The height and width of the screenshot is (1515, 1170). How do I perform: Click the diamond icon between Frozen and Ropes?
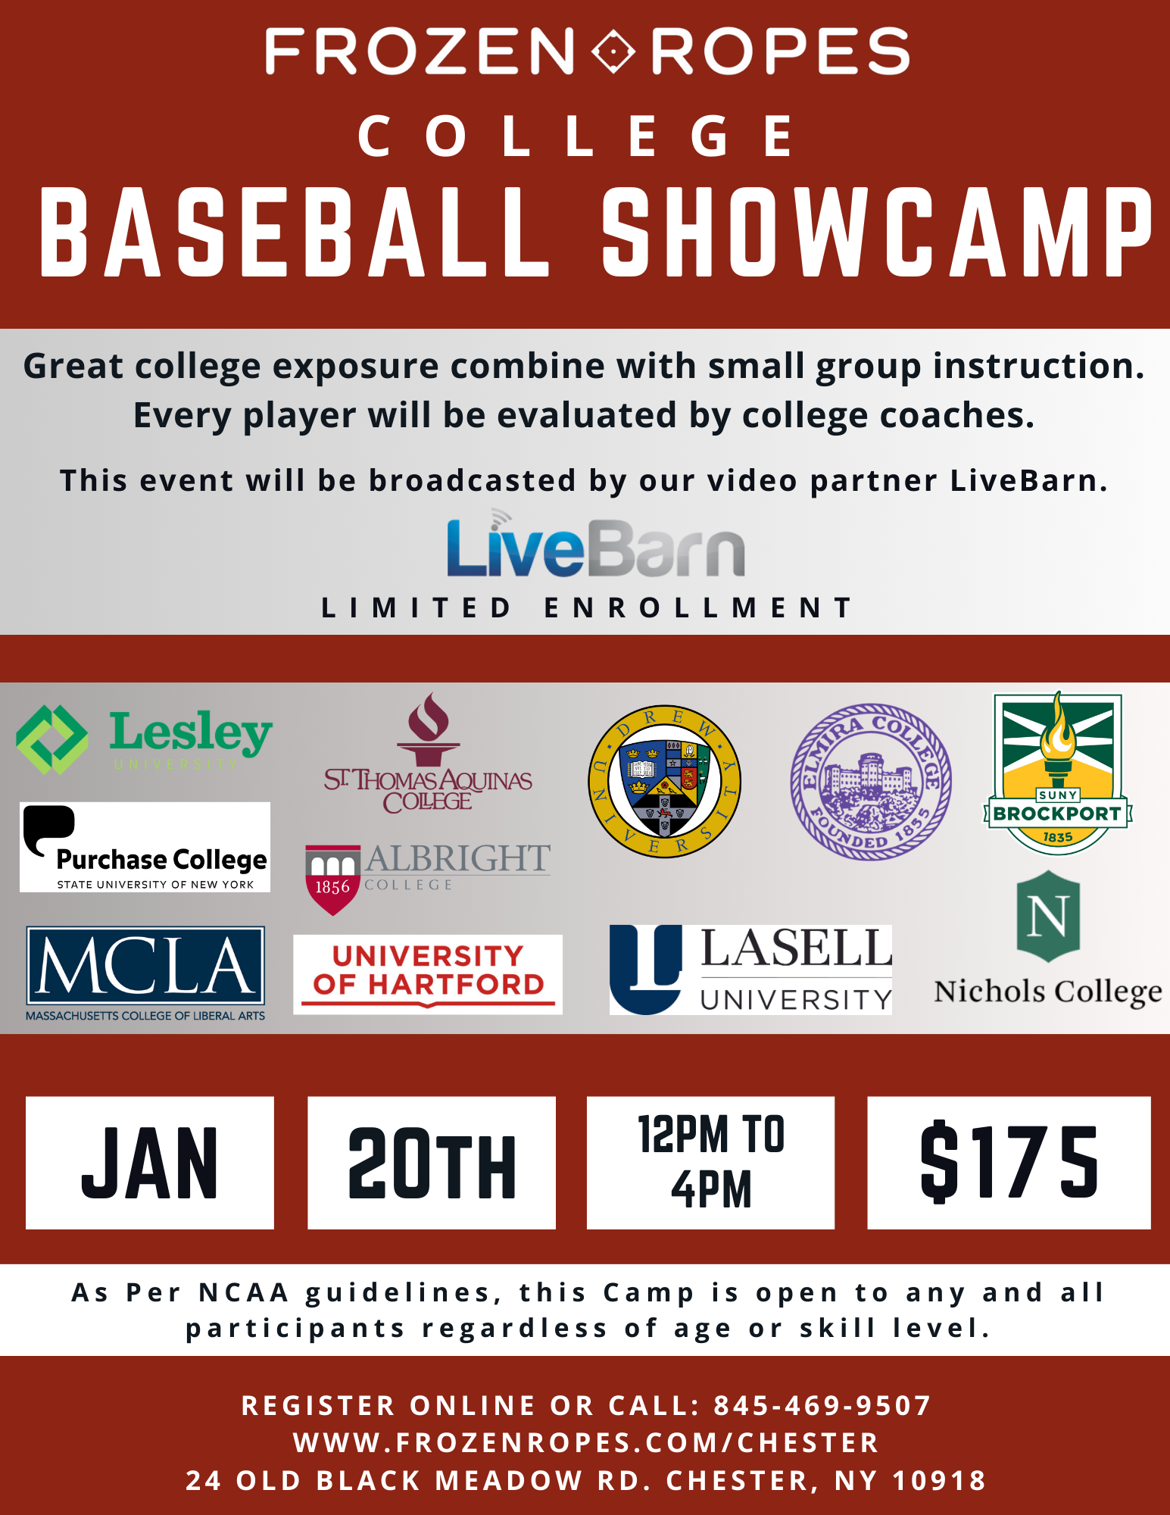click(613, 52)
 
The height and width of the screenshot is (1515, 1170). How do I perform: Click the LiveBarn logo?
click(595, 543)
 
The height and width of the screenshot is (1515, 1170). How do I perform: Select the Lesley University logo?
click(144, 739)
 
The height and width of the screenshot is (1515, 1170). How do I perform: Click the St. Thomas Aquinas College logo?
click(428, 753)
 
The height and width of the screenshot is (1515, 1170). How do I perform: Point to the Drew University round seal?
click(665, 782)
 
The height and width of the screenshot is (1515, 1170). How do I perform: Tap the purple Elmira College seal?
click(871, 782)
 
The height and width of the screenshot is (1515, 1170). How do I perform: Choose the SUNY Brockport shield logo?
click(1057, 773)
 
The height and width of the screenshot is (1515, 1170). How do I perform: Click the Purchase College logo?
click(145, 847)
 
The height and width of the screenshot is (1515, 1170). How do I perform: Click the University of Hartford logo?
click(428, 974)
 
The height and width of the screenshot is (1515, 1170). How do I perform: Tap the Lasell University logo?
click(750, 970)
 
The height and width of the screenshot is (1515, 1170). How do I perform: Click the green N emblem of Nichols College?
click(1048, 917)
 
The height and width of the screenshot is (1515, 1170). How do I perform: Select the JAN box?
click(150, 1163)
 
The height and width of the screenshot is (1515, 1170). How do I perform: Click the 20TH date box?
click(432, 1163)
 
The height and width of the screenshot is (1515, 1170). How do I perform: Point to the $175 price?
click(1009, 1163)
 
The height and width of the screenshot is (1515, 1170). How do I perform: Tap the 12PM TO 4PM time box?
click(710, 1163)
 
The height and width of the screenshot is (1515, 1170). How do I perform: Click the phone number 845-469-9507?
click(822, 1406)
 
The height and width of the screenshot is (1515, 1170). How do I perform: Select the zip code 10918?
click(939, 1480)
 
